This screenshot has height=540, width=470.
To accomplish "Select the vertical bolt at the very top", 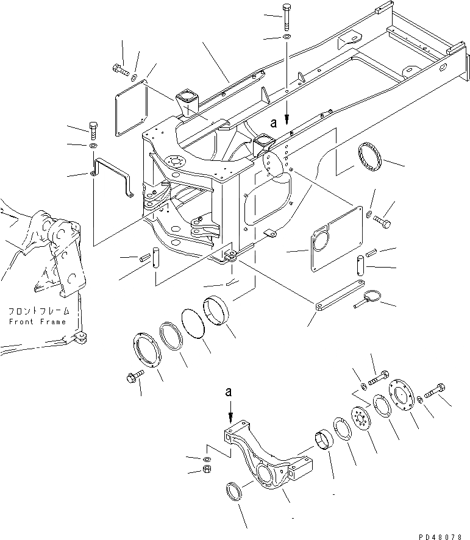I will [287, 16].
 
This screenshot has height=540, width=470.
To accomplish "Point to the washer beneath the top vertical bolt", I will [286, 38].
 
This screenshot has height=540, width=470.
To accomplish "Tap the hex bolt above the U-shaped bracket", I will [93, 130].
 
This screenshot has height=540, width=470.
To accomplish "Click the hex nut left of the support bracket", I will [207, 469].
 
